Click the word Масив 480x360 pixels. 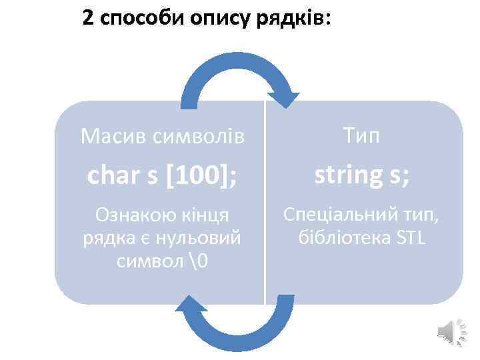(x=113, y=137)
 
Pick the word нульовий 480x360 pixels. (x=203, y=237)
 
